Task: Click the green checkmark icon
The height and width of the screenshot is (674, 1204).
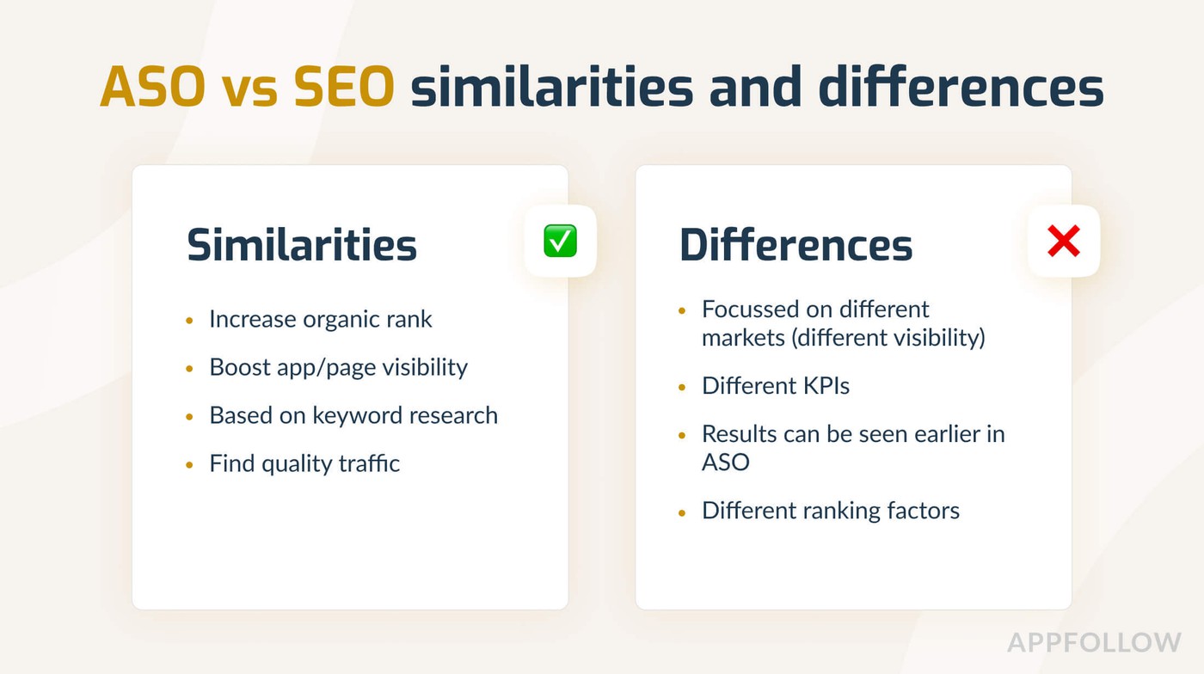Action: [560, 241]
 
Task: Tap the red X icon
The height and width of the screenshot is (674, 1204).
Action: [1064, 241]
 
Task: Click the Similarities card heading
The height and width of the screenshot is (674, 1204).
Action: [302, 245]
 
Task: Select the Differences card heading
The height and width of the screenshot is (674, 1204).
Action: [795, 245]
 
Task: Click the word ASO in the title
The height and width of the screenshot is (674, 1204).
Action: [153, 87]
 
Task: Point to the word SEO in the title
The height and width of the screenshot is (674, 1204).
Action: [344, 87]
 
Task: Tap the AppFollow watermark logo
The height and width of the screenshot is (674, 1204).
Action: [1094, 643]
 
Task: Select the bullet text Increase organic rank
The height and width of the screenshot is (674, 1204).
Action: [320, 319]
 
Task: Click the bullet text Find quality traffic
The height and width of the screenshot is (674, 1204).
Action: [304, 463]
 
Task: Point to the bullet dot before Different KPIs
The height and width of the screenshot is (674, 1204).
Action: [682, 387]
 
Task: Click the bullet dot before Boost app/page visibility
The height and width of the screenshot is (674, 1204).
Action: [189, 369]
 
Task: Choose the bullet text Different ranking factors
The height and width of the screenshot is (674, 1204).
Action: [831, 511]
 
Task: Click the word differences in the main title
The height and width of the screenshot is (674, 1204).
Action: [961, 87]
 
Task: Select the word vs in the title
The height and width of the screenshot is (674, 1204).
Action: [250, 90]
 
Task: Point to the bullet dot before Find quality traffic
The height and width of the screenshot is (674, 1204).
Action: [189, 465]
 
